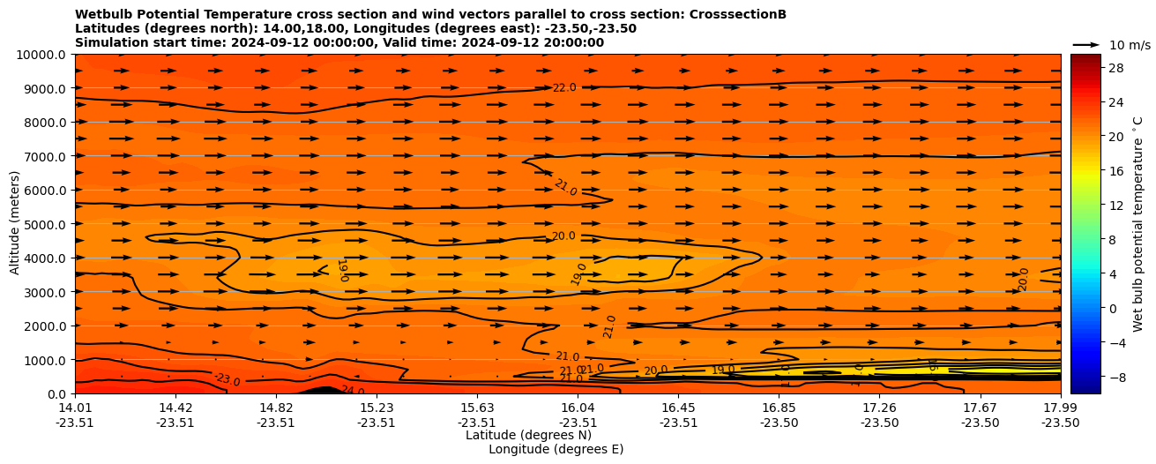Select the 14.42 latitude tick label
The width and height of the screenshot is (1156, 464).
[175, 408]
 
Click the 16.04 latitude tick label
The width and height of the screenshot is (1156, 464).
[578, 408]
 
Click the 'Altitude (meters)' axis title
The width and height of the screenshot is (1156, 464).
[15, 224]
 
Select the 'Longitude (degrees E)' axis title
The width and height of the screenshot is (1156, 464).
[556, 449]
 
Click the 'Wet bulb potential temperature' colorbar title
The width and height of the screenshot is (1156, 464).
[1137, 224]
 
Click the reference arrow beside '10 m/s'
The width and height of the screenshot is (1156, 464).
[1086, 45]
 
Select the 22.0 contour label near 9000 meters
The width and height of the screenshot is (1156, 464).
[564, 88]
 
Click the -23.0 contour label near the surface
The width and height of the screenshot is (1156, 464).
[227, 380]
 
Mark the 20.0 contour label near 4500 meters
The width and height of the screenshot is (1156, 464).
[563, 236]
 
